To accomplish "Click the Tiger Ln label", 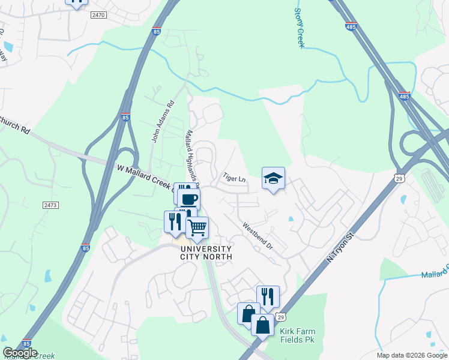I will pyautogui.click(x=234, y=178).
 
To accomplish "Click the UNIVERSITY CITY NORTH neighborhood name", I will pyautogui.click(x=205, y=253).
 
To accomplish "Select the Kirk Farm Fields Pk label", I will pyautogui.click(x=298, y=335).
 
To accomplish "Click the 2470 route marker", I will pyautogui.click(x=98, y=14).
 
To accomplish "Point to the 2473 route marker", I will pyautogui.click(x=50, y=205).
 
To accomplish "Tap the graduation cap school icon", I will pyautogui.click(x=273, y=178).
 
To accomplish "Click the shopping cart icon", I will pyautogui.click(x=197, y=228).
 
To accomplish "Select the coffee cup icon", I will pyautogui.click(x=189, y=199).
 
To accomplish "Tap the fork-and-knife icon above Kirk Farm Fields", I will pyautogui.click(x=268, y=296).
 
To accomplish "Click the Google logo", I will pyautogui.click(x=20, y=353).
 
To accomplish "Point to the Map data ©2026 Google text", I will pyautogui.click(x=412, y=355).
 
